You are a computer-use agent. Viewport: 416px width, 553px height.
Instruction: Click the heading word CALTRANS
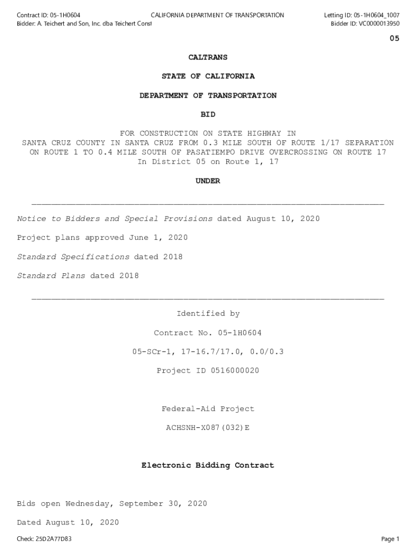point(208,57)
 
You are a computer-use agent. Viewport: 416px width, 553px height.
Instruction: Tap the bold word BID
point(208,114)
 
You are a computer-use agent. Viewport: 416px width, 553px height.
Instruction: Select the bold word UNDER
point(208,181)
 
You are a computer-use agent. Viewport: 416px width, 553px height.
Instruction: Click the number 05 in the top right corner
point(394,38)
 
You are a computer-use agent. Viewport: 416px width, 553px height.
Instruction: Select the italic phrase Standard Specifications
point(73,257)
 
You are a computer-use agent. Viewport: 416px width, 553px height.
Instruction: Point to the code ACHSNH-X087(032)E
point(208,428)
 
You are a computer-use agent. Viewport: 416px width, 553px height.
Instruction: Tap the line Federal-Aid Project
point(208,409)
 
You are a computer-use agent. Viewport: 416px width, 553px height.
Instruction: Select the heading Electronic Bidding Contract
point(208,465)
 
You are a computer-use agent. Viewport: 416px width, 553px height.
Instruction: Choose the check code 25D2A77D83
point(52,539)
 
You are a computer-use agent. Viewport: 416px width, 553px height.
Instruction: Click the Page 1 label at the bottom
point(390,539)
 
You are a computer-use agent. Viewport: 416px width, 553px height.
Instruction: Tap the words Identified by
point(208,314)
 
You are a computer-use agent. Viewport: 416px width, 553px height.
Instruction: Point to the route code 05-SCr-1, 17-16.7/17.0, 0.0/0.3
point(208,352)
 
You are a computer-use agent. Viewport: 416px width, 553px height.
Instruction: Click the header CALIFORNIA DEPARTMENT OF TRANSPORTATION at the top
point(217,15)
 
